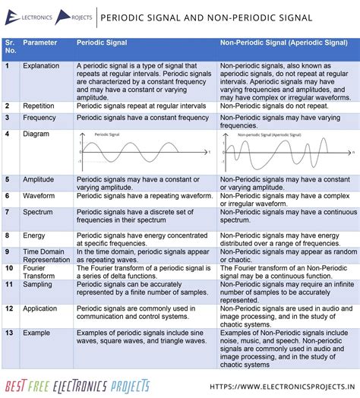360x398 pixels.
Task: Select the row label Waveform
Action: click(38, 195)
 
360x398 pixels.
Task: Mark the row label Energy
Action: click(34, 235)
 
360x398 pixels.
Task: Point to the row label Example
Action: click(36, 333)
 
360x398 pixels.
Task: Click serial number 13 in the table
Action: click(8, 333)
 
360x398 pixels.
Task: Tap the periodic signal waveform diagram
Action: click(143, 151)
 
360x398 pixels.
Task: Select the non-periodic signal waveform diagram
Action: click(286, 151)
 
